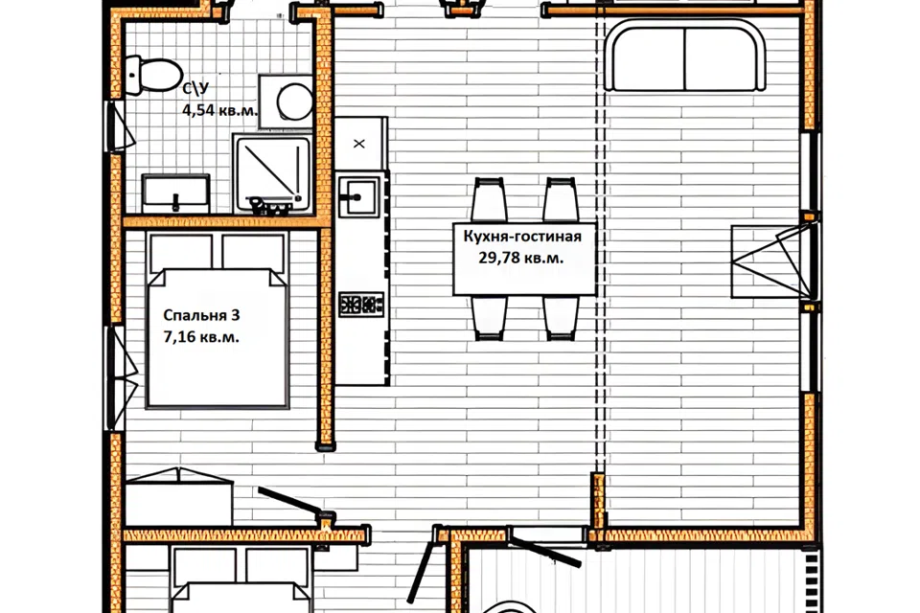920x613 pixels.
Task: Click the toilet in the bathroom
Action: tap(153, 75)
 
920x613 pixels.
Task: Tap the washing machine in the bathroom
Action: tap(287, 101)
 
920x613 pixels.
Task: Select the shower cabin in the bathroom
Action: tap(272, 174)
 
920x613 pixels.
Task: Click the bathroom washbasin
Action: tap(175, 193)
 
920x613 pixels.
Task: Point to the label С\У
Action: tap(195, 89)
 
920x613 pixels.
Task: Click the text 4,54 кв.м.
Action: tap(219, 110)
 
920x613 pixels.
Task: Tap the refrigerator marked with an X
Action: tap(360, 144)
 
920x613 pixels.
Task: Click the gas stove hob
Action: tap(361, 305)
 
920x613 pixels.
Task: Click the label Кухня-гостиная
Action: tap(522, 237)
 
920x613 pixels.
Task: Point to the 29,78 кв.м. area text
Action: tap(521, 258)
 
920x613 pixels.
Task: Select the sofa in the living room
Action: tap(684, 56)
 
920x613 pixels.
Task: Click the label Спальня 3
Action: tap(201, 315)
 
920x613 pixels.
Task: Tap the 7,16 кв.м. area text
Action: tap(201, 337)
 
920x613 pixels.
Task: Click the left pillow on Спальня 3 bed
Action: tap(180, 253)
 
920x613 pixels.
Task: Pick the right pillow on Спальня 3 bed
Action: tap(253, 253)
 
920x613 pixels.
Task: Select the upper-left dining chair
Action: tap(490, 200)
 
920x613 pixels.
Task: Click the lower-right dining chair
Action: tap(562, 317)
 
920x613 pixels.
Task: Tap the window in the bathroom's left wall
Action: tap(119, 126)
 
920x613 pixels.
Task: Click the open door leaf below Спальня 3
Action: tap(289, 501)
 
